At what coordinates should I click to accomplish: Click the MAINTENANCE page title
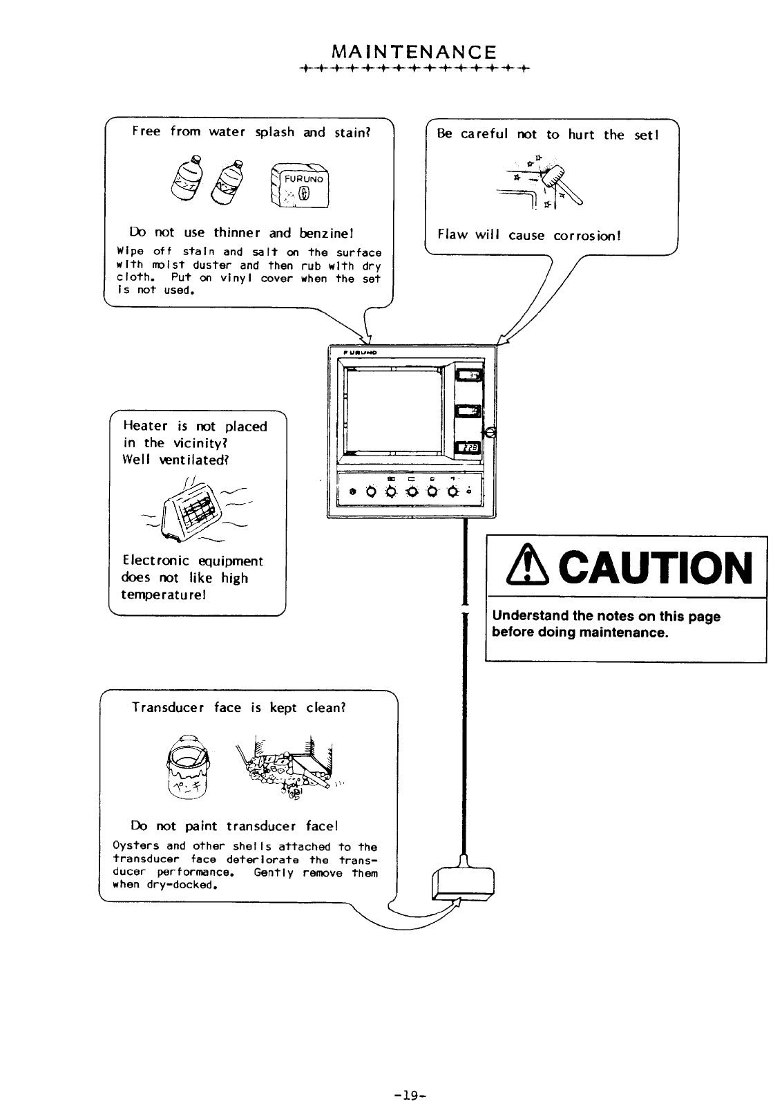click(x=414, y=52)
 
